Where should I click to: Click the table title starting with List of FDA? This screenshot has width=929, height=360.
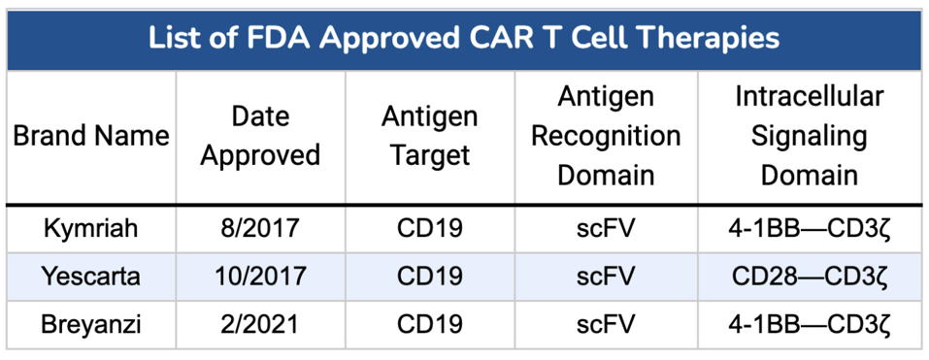(464, 38)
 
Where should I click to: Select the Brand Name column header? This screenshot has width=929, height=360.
(91, 136)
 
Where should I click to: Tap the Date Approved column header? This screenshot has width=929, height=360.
(260, 136)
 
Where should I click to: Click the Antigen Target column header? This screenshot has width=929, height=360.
(429, 136)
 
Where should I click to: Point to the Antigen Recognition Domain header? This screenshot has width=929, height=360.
(606, 136)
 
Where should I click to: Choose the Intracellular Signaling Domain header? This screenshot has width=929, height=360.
(809, 136)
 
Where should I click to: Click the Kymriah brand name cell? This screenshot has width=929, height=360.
(91, 229)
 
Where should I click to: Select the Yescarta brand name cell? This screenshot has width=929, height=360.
(91, 277)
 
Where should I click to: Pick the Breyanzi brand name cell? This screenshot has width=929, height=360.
(91, 324)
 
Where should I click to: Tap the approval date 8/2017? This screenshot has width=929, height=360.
(260, 229)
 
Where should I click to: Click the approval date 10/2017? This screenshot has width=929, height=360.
(260, 277)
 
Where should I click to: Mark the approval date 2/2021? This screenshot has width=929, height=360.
(260, 324)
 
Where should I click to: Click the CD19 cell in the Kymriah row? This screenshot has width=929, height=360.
(429, 229)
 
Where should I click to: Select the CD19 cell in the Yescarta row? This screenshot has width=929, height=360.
(429, 277)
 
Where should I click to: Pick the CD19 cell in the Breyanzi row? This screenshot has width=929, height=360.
(429, 324)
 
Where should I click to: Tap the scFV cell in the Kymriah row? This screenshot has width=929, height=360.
(606, 229)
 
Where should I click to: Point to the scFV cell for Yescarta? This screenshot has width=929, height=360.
(606, 277)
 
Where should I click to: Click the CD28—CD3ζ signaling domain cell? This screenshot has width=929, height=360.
(809, 277)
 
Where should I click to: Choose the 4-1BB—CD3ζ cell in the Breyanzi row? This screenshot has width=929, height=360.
(809, 324)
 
